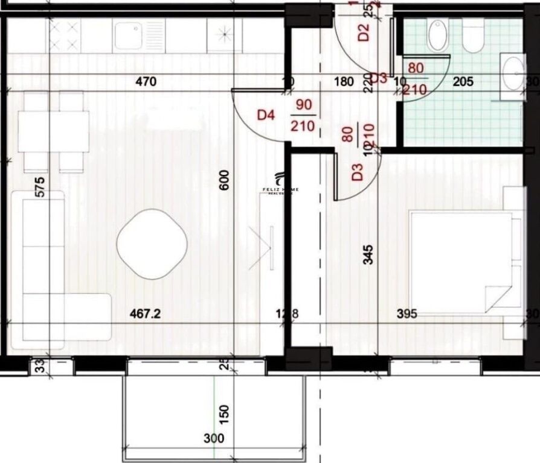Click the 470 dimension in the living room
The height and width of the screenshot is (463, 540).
coord(146,81)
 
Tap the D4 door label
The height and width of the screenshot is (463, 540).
coord(266,114)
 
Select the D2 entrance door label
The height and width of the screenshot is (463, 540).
coord(364,31)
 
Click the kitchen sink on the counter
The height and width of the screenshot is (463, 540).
coord(139,36)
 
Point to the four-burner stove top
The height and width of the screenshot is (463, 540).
coord(65,35)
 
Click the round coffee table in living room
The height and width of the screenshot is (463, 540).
coord(152,244)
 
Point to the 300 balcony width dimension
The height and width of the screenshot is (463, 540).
coord(214,438)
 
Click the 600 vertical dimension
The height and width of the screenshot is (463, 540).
coord(225,180)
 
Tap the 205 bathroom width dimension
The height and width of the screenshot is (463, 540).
coord(464,81)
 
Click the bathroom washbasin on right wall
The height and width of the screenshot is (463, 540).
coord(513,74)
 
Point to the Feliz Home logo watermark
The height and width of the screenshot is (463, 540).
coord(280,184)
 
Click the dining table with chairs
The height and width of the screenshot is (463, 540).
coord(54,132)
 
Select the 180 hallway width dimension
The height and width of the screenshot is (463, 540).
coord(343,81)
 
